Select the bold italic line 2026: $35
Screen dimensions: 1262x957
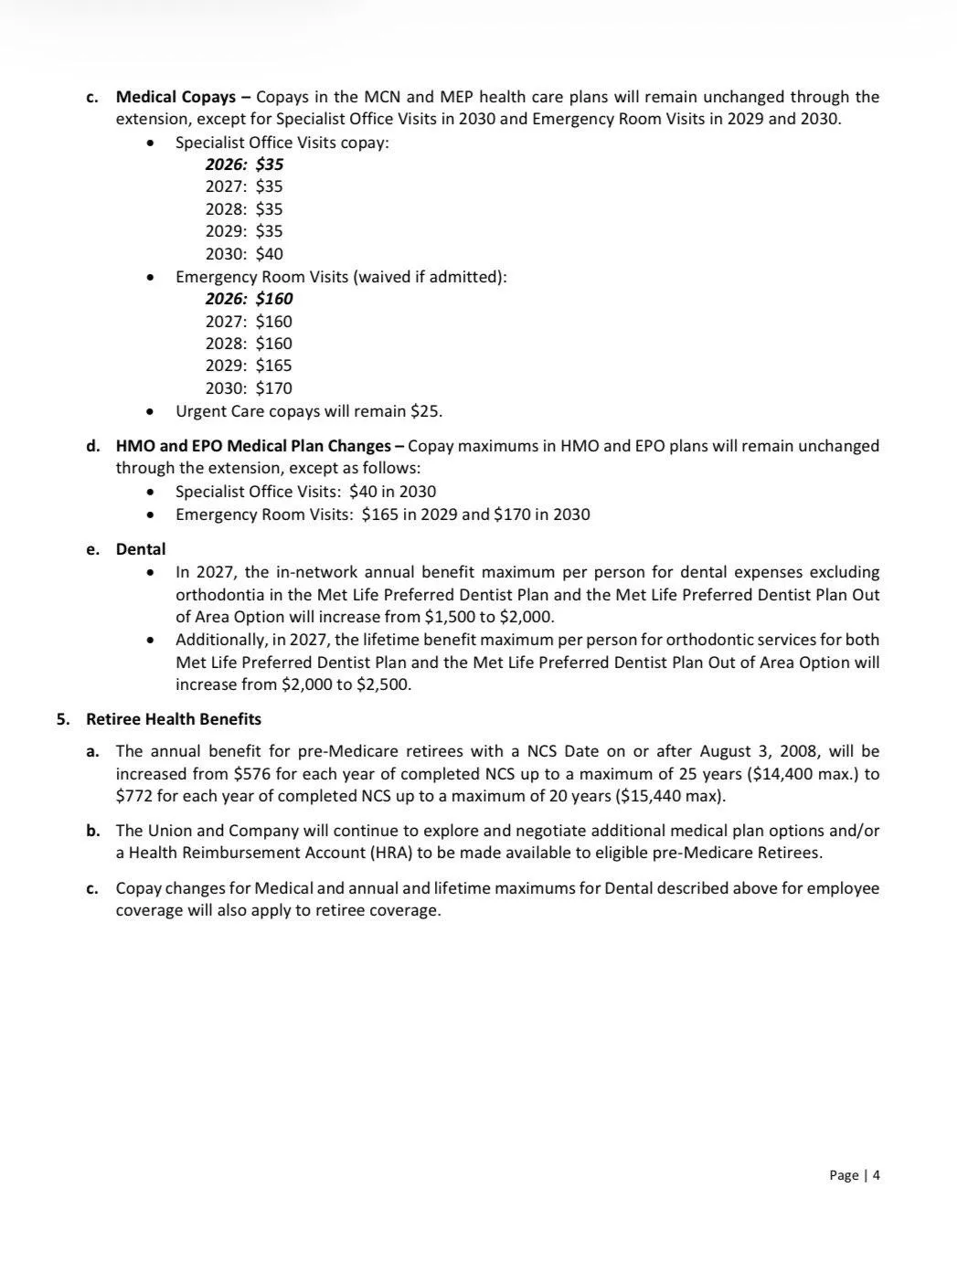tap(244, 164)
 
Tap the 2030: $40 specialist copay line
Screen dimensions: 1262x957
tap(244, 254)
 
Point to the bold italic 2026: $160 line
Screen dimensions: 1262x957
tap(249, 299)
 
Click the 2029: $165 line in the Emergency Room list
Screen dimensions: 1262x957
tap(249, 366)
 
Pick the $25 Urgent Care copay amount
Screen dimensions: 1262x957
tap(425, 411)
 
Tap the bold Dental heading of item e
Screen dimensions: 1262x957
tap(141, 549)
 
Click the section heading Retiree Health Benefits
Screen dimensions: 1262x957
tap(174, 719)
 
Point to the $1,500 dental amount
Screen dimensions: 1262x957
tap(448, 617)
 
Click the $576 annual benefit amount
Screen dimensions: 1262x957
tap(251, 774)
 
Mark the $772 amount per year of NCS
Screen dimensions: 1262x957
tap(133, 796)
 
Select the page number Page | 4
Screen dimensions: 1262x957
tap(854, 1175)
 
